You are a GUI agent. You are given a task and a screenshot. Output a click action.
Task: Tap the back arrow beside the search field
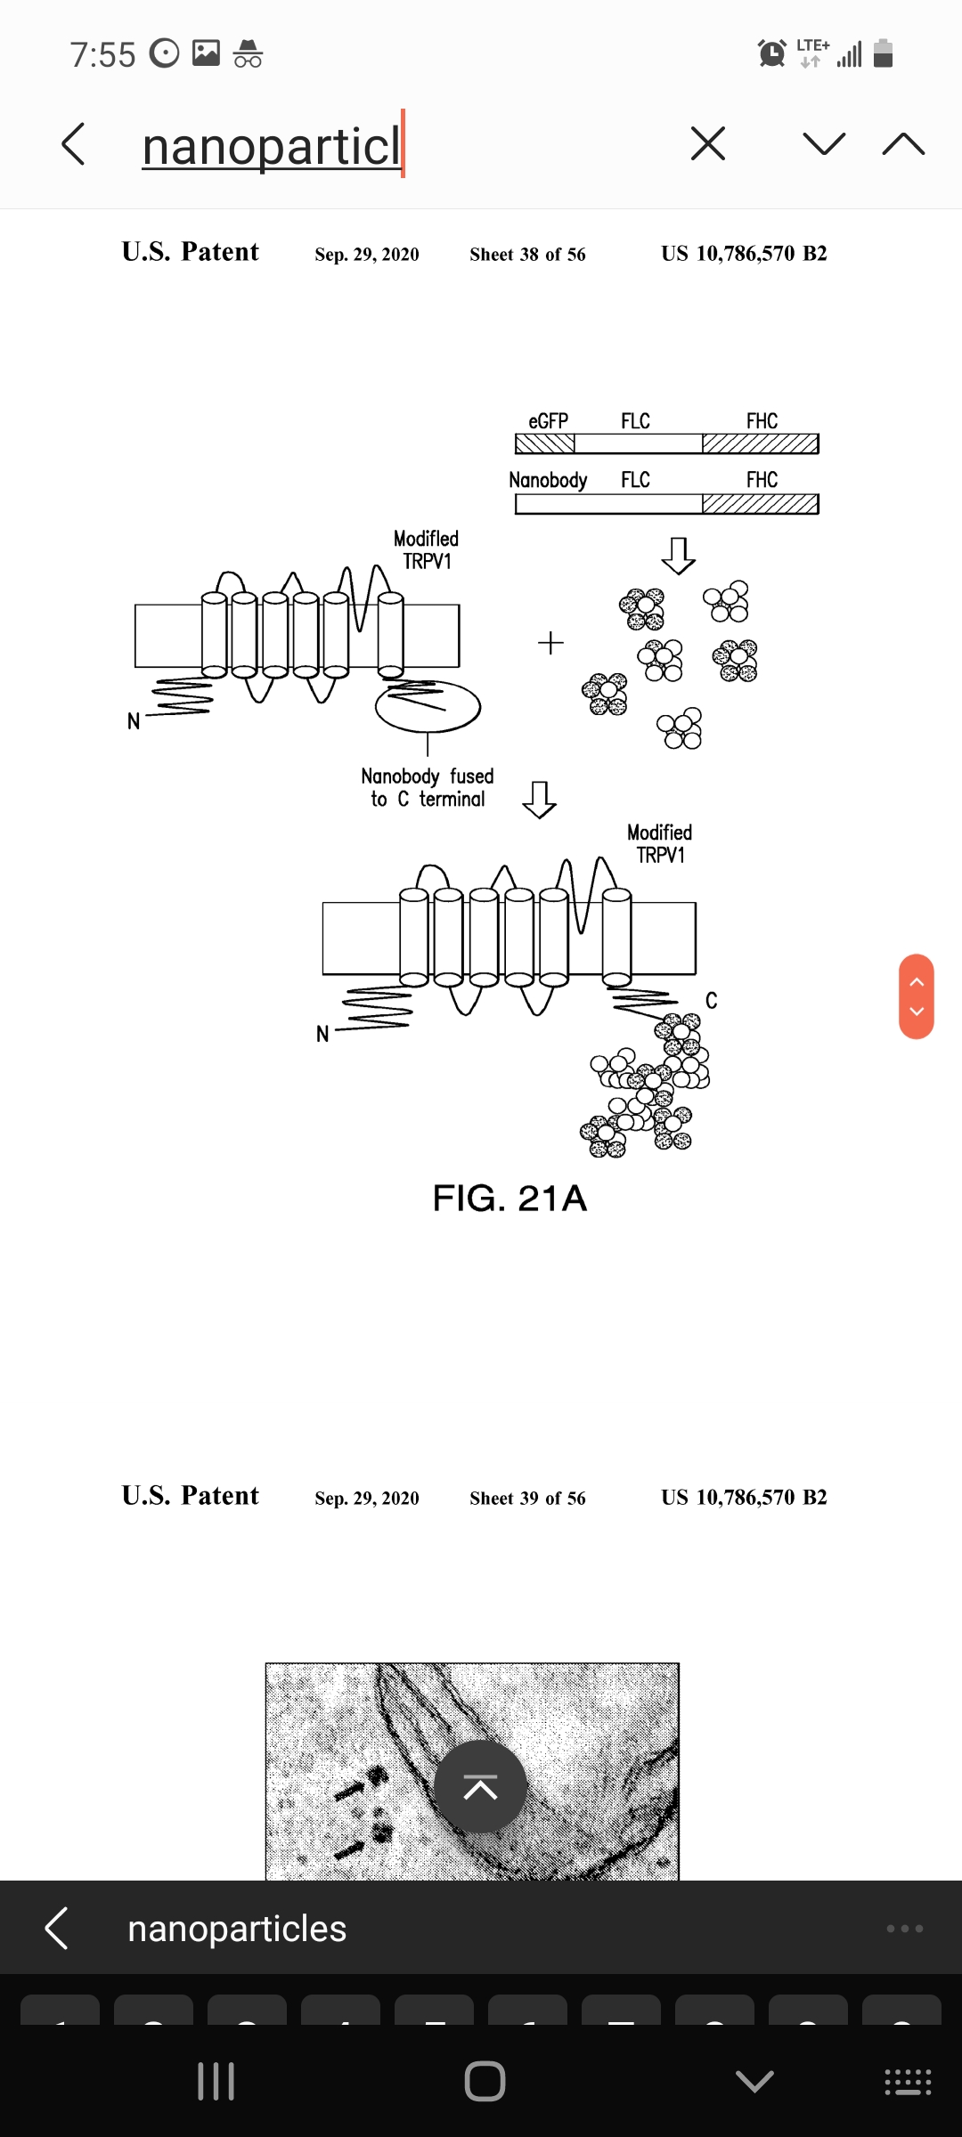click(x=73, y=144)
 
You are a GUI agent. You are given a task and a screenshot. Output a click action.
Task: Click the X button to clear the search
click(x=708, y=143)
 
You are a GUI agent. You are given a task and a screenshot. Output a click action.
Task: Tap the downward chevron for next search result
click(x=824, y=143)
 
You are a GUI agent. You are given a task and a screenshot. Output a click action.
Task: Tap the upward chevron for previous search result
click(x=903, y=143)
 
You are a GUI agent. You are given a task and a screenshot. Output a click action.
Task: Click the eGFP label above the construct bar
click(x=548, y=421)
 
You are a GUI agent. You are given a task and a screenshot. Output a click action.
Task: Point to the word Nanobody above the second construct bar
click(x=548, y=480)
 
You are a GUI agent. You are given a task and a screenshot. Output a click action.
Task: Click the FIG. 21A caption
click(x=510, y=1199)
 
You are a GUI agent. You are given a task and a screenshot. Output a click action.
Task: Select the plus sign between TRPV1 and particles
click(x=550, y=643)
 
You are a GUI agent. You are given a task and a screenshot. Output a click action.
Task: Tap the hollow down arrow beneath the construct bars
click(x=678, y=556)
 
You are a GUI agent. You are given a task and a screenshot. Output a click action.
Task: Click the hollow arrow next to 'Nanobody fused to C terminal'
click(x=539, y=800)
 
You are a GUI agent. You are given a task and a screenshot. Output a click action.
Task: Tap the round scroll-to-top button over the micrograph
click(x=480, y=1786)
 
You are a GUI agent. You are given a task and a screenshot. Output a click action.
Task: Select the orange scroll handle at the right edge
click(x=917, y=996)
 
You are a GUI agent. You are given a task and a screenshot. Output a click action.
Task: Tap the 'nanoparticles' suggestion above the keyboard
click(x=237, y=1929)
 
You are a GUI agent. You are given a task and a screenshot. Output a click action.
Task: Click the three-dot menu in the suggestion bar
click(x=905, y=1929)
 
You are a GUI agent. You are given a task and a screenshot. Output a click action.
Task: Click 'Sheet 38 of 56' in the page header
click(x=527, y=254)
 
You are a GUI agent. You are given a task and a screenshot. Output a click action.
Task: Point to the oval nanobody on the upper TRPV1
click(x=428, y=706)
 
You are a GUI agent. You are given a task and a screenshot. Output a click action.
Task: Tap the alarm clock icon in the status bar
click(x=771, y=53)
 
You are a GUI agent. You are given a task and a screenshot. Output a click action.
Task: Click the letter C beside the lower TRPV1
click(x=711, y=1001)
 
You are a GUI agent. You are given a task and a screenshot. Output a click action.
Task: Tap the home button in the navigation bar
click(x=485, y=2082)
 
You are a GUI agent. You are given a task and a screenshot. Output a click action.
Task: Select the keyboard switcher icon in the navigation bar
click(x=908, y=2082)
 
